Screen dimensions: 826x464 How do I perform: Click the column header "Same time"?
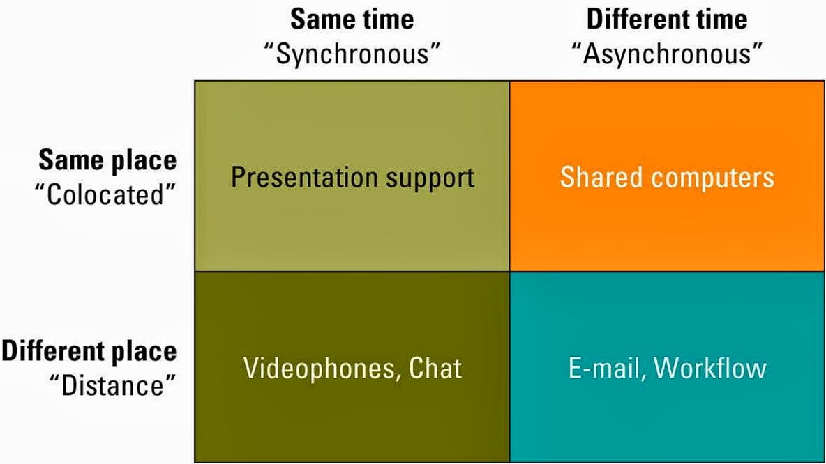tap(352, 20)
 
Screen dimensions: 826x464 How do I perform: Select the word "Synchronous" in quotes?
tap(352, 54)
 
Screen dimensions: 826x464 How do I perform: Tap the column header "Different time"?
tap(667, 20)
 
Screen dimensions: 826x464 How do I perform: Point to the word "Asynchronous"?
tap(667, 54)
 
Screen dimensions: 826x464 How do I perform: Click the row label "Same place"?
tap(107, 160)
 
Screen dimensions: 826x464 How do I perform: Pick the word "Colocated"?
tap(105, 194)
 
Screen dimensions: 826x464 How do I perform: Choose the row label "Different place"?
tap(89, 351)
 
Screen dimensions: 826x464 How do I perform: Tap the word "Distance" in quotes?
tap(113, 385)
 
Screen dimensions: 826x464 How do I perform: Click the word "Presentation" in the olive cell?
tap(305, 177)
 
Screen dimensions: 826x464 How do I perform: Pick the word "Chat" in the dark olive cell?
tap(435, 368)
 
